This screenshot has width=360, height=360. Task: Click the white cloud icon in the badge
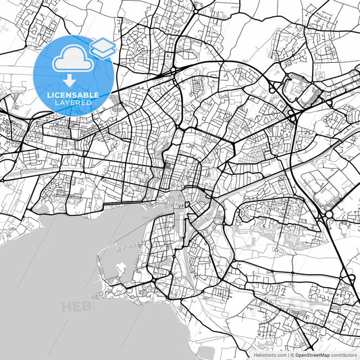pyautogui.click(x=70, y=60)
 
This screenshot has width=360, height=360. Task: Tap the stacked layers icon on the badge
pyautogui.click(x=103, y=47)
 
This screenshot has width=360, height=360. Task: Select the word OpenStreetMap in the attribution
pyautogui.click(x=312, y=355)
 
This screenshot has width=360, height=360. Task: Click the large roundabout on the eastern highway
pyautogui.click(x=329, y=214)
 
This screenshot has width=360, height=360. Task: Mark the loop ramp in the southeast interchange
pyautogui.click(x=351, y=278)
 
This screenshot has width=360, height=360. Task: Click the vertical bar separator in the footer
pyautogui.click(x=287, y=355)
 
